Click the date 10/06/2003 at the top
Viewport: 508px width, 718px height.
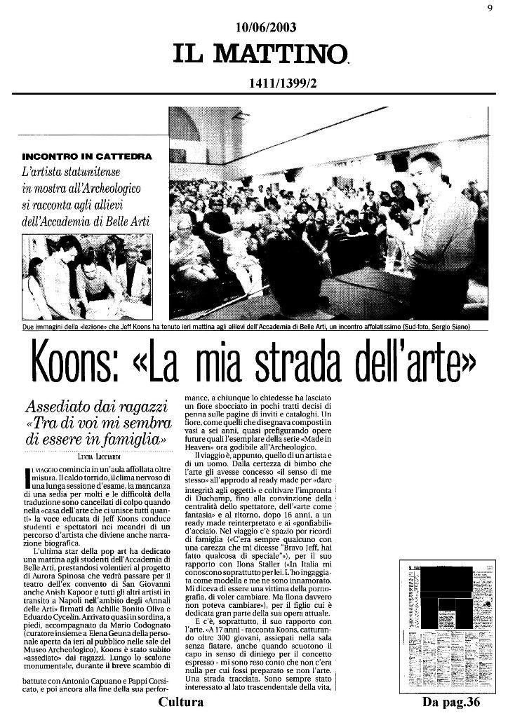click(267, 27)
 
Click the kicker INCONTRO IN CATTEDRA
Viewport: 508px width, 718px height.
click(86, 155)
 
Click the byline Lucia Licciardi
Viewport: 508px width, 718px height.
click(98, 456)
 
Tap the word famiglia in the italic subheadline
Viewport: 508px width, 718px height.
click(136, 440)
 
